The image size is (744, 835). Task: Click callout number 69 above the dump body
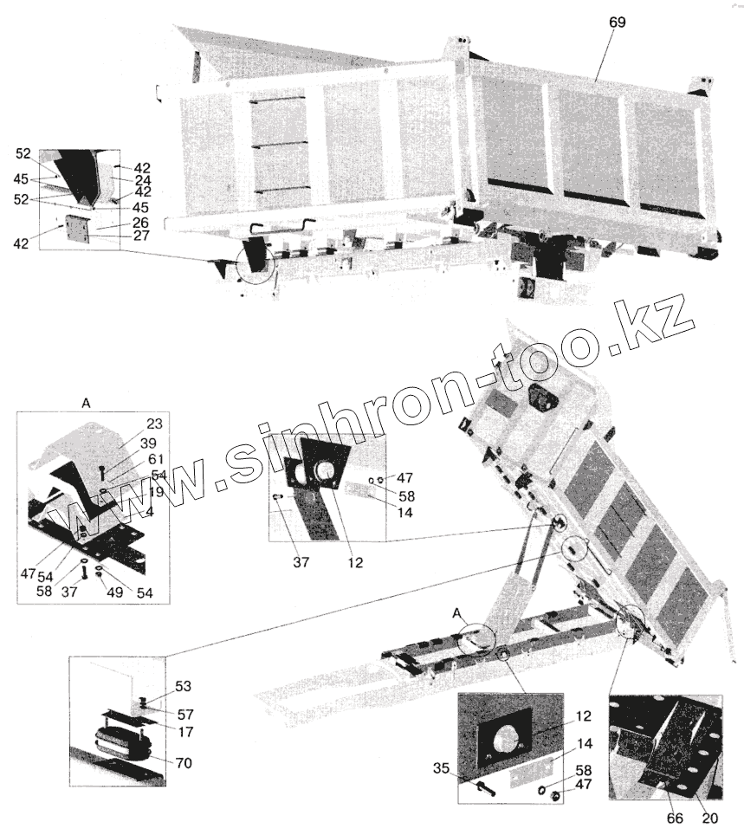point(616,23)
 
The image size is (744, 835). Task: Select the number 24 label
point(143,180)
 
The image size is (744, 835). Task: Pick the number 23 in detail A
point(154,424)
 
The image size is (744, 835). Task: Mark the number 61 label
point(154,458)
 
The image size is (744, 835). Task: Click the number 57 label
point(186,715)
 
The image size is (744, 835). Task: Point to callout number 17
point(186,731)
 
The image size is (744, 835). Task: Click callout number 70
point(184,763)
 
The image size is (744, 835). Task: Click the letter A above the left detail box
point(86,403)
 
